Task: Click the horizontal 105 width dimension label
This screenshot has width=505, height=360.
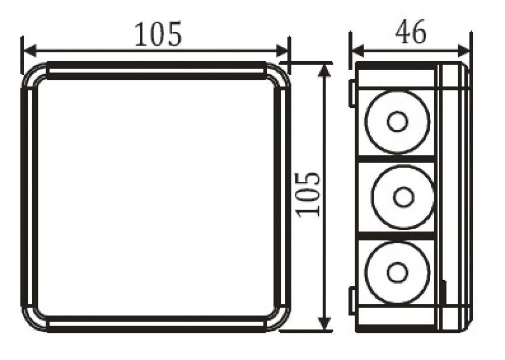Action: pyautogui.click(x=157, y=34)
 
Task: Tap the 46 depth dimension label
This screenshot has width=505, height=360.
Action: pyautogui.click(x=410, y=33)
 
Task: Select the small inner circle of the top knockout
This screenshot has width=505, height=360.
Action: pyautogui.click(x=397, y=122)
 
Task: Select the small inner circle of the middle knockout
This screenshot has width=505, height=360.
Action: pyautogui.click(x=402, y=197)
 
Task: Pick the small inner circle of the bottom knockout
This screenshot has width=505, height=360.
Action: pyautogui.click(x=397, y=272)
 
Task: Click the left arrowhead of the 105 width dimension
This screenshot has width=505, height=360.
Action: pyautogui.click(x=30, y=50)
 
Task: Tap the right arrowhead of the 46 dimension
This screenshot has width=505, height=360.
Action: pyautogui.click(x=465, y=50)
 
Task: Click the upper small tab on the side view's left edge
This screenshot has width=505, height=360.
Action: pyautogui.click(x=350, y=93)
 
